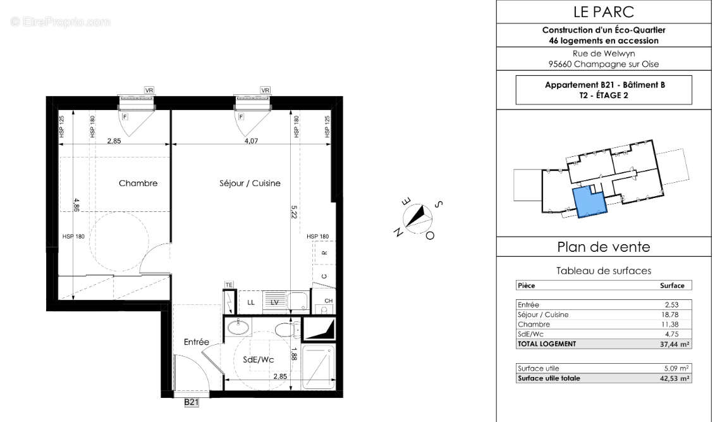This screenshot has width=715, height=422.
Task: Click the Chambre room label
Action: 138,183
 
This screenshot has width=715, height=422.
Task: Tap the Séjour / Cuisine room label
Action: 250,183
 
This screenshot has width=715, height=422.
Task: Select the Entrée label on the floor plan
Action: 196,342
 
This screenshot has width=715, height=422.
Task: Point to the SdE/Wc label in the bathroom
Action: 258,359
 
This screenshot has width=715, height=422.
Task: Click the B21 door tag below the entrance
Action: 192,402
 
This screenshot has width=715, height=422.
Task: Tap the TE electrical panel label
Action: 229,285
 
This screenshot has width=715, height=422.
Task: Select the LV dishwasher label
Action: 274,302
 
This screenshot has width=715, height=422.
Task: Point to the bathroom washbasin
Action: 238,328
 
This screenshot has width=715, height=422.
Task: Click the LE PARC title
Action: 604,11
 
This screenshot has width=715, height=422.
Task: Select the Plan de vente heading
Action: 604,247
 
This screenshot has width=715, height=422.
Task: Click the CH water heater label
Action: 328,301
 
